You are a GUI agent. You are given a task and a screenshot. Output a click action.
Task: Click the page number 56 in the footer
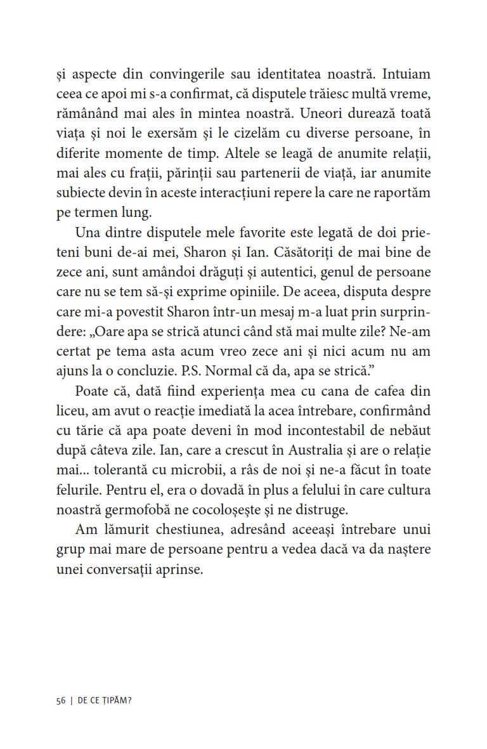tap(61, 700)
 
